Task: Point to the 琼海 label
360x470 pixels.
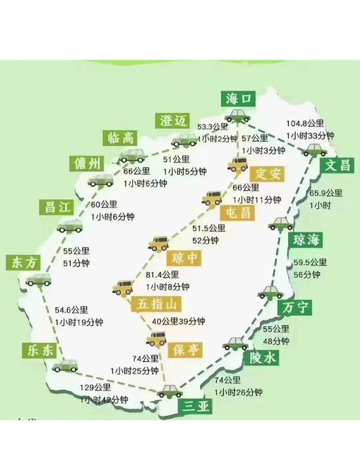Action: coord(306,240)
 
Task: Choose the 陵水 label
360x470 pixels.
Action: coord(263,358)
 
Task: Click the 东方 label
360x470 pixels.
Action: coord(22,263)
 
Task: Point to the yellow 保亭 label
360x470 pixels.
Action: coord(186,351)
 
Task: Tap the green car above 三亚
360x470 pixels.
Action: coord(171,391)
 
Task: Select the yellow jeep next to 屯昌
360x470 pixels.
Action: coord(212,198)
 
